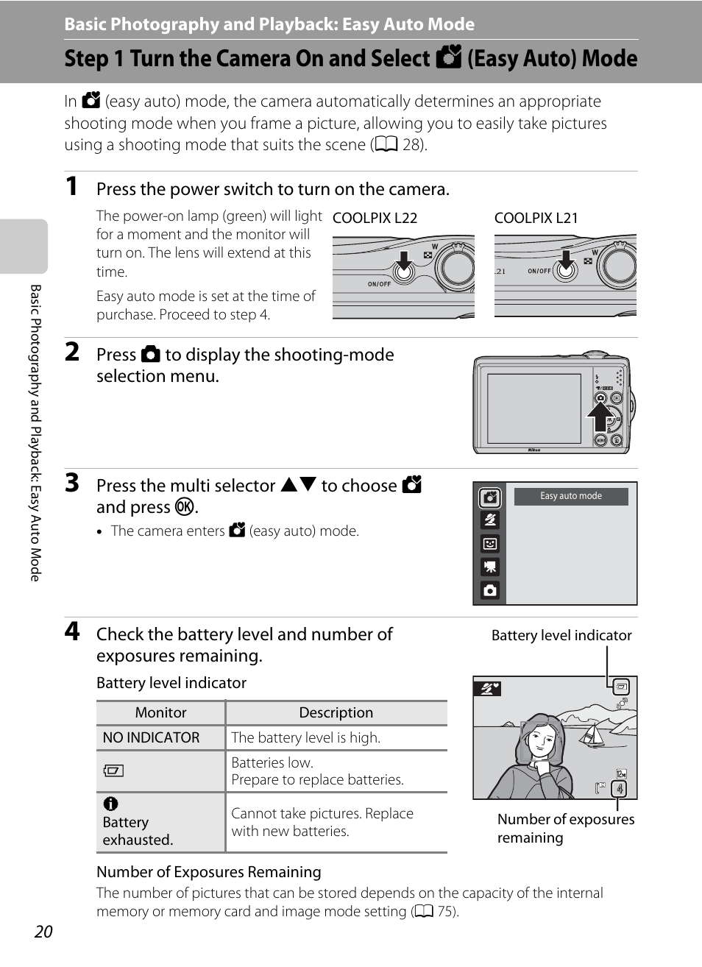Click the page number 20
43,932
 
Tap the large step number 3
72,483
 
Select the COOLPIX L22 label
375,218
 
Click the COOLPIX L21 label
536,218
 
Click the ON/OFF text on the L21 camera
539,271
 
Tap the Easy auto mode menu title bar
571,496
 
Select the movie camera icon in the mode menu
490,567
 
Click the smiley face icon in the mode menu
490,544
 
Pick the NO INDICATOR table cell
152,737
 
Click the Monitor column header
160,712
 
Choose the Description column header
336,712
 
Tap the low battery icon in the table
113,771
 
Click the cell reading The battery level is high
306,737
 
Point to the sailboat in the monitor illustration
593,733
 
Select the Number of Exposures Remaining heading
209,872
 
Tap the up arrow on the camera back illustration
600,417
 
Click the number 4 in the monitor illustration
620,789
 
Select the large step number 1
71,186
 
